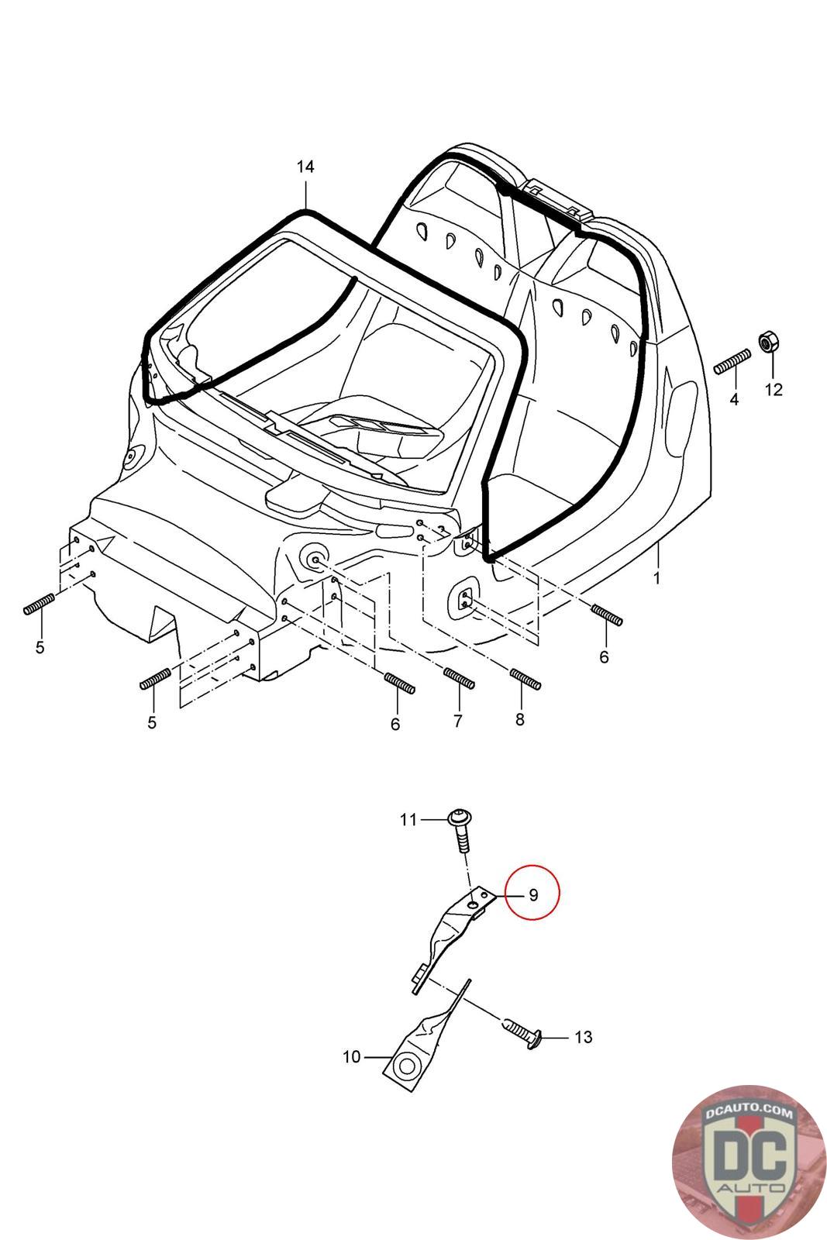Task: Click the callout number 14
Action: coord(305,167)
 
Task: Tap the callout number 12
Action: coord(774,389)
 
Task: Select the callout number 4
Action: coord(733,400)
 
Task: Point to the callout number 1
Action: coord(656,578)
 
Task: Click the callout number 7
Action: coord(457,721)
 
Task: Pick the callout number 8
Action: coord(519,719)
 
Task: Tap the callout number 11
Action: coord(408,819)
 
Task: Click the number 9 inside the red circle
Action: coord(533,894)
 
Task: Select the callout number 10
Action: coord(351,1056)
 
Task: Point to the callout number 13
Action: coord(583,1037)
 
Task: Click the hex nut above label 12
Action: coord(770,341)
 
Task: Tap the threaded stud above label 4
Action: coord(731,362)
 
